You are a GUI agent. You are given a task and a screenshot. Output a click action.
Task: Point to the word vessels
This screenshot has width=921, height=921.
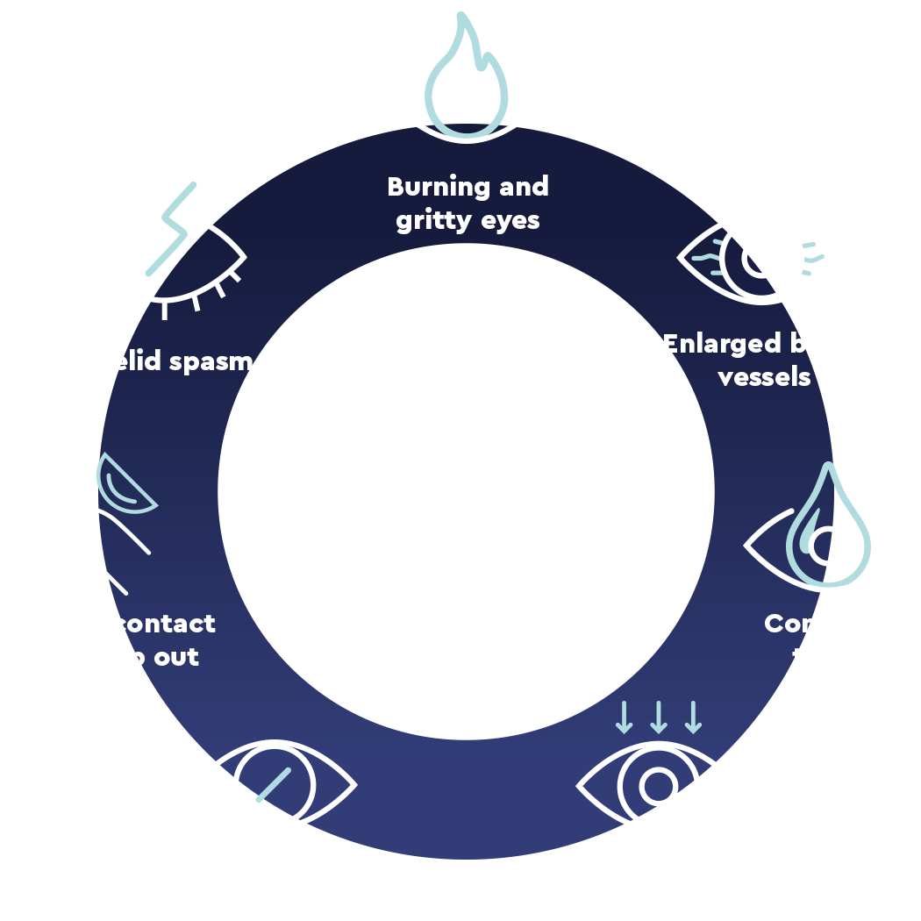[764, 378]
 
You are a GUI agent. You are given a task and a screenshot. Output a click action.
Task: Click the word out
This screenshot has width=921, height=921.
[178, 657]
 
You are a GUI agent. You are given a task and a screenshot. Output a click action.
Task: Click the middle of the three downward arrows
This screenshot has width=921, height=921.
[659, 717]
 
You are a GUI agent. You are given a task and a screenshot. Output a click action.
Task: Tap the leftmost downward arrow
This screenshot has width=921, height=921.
[624, 717]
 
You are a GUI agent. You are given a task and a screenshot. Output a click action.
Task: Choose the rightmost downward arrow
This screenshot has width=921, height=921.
[694, 717]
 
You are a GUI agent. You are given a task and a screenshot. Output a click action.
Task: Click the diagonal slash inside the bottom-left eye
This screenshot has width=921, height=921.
[274, 784]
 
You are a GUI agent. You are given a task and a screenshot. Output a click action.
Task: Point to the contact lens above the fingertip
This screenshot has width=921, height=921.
[126, 488]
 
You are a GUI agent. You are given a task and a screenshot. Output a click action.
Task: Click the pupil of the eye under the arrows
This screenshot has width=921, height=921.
[658, 786]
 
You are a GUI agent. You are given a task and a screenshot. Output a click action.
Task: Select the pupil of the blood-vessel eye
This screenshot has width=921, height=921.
[762, 259]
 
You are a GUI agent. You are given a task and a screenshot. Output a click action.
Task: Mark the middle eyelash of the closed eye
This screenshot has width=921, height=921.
[165, 310]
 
